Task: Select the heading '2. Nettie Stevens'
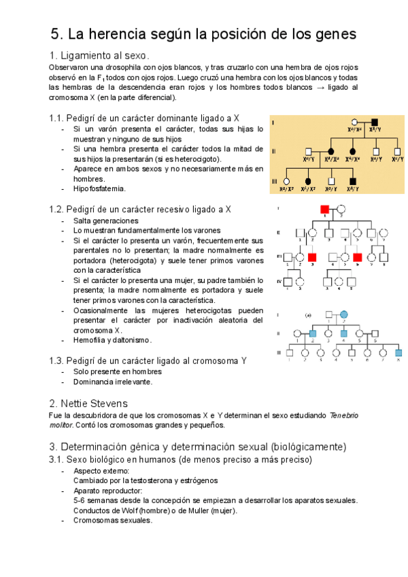click(88, 403)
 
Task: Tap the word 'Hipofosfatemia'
click(100, 188)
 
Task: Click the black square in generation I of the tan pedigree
click(374, 122)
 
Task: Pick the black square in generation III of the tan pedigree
click(352, 181)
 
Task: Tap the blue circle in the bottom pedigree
click(345, 314)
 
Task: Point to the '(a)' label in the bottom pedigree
click(307, 314)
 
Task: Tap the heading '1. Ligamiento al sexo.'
click(99, 55)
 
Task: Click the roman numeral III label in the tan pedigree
click(274, 181)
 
